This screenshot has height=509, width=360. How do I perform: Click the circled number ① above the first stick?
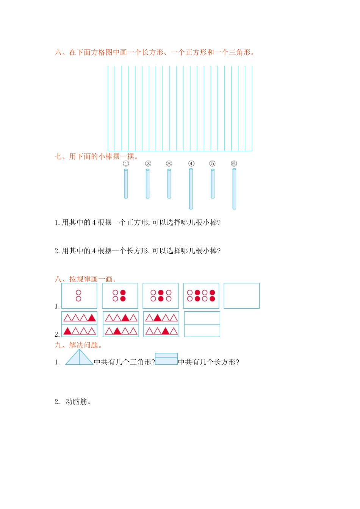[x=126, y=164]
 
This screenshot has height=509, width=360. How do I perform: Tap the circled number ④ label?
[x=191, y=164]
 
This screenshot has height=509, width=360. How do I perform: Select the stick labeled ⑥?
[x=234, y=189]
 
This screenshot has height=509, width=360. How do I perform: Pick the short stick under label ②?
[x=147, y=184]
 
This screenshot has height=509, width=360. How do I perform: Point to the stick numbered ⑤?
[x=213, y=184]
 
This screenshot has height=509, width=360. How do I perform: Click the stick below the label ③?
[x=169, y=184]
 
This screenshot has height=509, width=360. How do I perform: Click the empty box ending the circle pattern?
[x=241, y=296]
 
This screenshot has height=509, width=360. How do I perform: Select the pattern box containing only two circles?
[x=79, y=296]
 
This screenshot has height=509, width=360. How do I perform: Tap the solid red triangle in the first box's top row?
[x=91, y=318]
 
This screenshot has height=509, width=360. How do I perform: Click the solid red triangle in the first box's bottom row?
[x=67, y=331]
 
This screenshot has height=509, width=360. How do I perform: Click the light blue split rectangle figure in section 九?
[x=166, y=359]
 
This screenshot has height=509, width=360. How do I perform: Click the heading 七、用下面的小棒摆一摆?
[x=97, y=156]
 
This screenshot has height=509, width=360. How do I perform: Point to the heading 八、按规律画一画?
[x=86, y=279]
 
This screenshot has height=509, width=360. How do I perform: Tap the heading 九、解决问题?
[x=78, y=345]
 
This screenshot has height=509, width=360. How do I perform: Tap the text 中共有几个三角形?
[x=124, y=362]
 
